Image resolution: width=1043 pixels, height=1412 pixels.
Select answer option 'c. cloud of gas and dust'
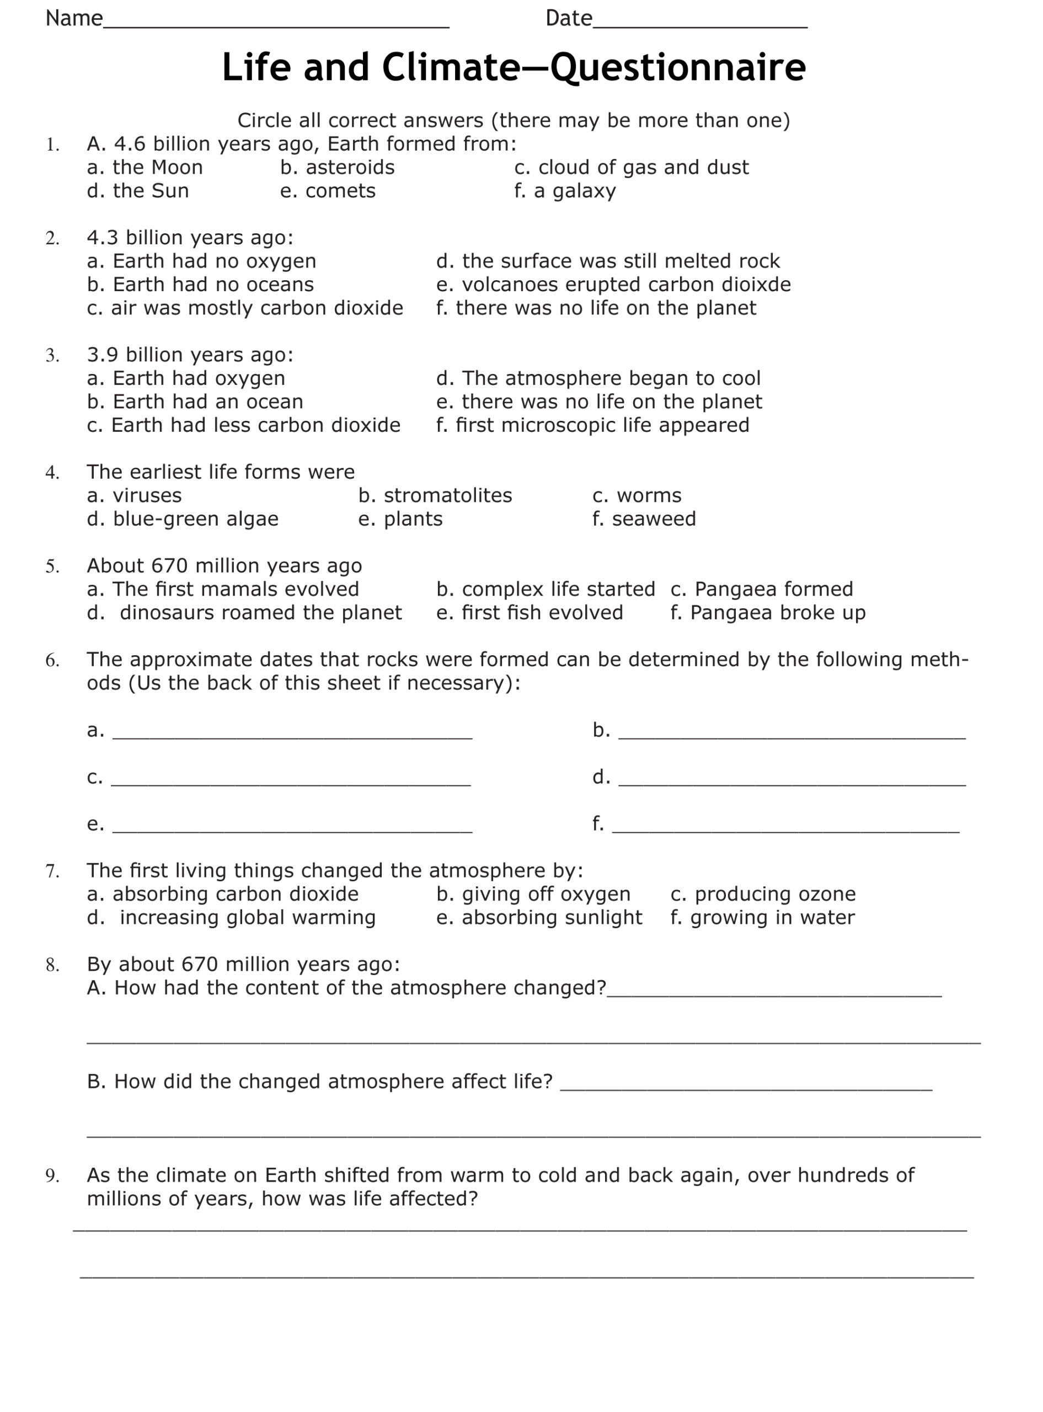[632, 167]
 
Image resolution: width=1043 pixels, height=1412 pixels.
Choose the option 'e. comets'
[328, 191]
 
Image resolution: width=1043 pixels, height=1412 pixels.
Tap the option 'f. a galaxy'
[565, 191]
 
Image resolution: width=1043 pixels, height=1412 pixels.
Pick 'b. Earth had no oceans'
[200, 285]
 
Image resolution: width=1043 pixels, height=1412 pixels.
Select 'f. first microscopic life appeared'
[593, 425]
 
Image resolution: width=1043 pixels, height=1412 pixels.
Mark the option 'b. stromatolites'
[435, 495]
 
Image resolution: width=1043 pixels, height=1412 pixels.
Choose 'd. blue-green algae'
[183, 519]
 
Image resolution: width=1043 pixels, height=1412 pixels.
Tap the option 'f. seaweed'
[644, 519]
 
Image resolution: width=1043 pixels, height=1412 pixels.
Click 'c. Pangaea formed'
[761, 590]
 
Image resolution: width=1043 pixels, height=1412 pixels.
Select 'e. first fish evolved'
[529, 613]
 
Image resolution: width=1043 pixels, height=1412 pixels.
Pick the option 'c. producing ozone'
[763, 895]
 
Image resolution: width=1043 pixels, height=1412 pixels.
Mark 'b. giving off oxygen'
[533, 895]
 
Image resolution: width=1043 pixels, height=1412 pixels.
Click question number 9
[52, 1176]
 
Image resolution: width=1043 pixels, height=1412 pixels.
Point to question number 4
[52, 473]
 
